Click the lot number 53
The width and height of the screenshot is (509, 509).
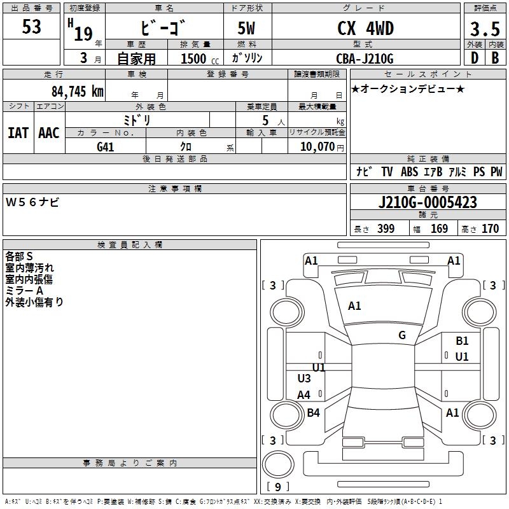pyautogui.click(x=32, y=27)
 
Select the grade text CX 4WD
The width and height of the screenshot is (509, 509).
pyautogui.click(x=365, y=28)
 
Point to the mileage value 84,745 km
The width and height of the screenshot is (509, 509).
pyautogui.click(x=77, y=91)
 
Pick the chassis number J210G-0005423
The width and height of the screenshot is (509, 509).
pyautogui.click(x=428, y=202)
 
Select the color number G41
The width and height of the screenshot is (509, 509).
pyautogui.click(x=106, y=146)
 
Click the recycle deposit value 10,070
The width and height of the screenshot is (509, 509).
pyautogui.click(x=316, y=146)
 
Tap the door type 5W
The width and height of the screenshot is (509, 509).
pyautogui.click(x=248, y=29)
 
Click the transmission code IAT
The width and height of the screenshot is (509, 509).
pyautogui.click(x=18, y=133)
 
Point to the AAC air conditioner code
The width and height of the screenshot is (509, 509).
pyautogui.click(x=49, y=133)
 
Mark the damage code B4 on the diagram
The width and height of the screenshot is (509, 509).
pyautogui.click(x=313, y=413)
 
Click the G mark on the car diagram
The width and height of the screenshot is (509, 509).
pyautogui.click(x=402, y=335)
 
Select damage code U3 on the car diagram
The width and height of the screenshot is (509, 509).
pyautogui.click(x=304, y=379)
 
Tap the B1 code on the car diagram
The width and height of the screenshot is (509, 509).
pyautogui.click(x=462, y=342)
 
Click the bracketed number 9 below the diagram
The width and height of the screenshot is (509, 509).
pyautogui.click(x=277, y=487)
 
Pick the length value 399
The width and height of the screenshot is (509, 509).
pyautogui.click(x=386, y=229)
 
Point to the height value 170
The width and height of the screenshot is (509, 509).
pyautogui.click(x=490, y=229)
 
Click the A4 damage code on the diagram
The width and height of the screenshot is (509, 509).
pyautogui.click(x=304, y=395)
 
